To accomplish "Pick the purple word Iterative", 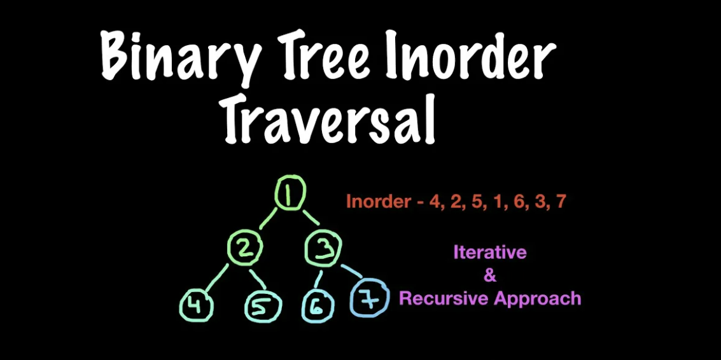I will click(489, 252).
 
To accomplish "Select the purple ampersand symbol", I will click(490, 276).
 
